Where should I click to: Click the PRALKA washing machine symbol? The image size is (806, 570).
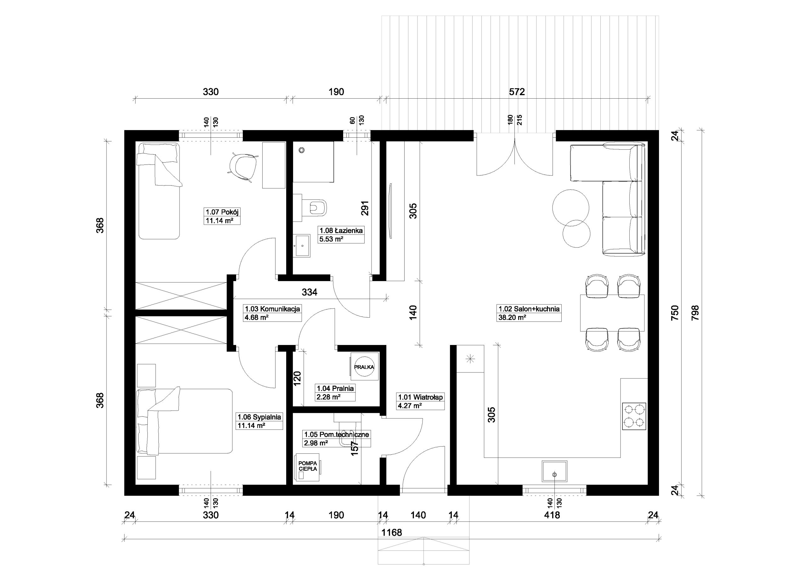364,366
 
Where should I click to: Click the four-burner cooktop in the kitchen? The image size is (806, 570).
634,416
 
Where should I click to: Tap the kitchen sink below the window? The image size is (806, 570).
555,472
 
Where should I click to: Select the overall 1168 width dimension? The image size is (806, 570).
392,533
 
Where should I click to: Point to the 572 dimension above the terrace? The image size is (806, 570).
517,92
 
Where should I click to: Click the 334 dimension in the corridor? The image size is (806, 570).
309,292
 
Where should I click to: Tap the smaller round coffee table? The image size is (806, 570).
576,233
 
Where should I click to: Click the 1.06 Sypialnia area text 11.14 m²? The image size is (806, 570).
251,425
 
